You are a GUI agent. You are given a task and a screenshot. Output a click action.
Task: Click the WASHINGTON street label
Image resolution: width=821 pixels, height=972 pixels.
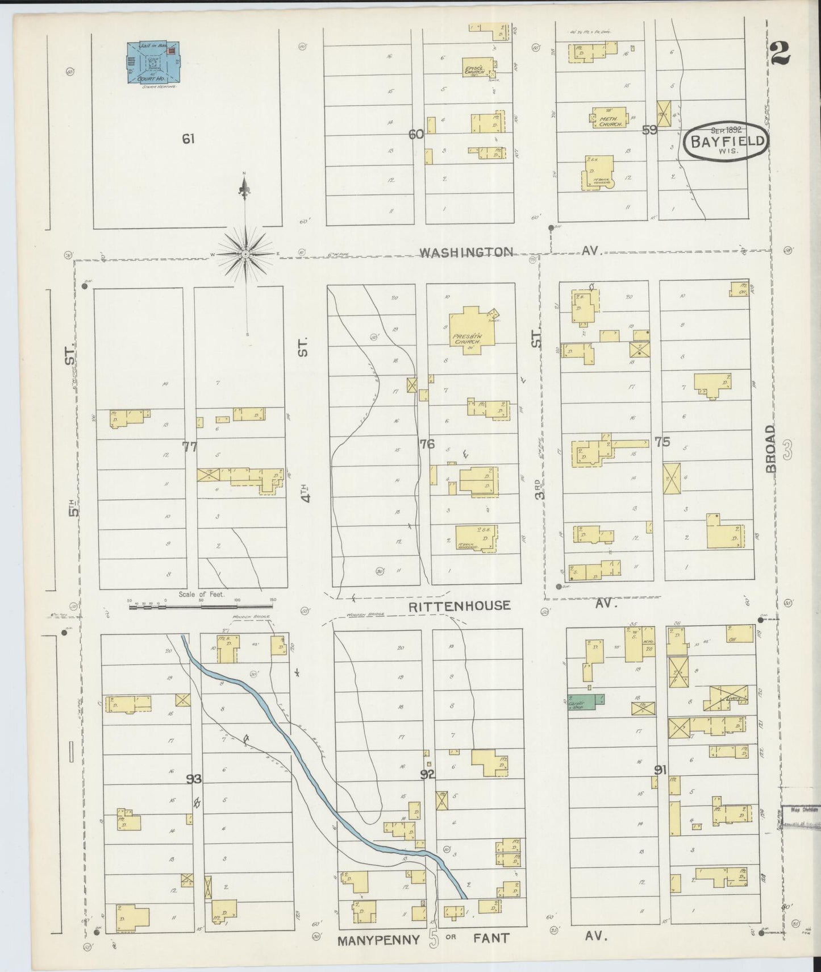[x=466, y=252]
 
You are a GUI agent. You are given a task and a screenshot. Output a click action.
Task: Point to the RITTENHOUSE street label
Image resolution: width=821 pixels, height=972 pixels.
[x=459, y=605]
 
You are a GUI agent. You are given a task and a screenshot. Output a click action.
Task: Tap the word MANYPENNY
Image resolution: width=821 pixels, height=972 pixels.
[x=378, y=940]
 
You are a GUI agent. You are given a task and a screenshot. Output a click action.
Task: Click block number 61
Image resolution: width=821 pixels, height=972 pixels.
[x=188, y=138]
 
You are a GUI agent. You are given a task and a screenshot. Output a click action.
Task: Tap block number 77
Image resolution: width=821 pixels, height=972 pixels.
[x=189, y=447]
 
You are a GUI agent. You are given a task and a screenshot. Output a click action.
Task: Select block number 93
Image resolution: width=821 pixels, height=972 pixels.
[x=194, y=779]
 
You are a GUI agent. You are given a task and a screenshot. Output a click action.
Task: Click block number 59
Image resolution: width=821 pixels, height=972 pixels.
[x=649, y=130]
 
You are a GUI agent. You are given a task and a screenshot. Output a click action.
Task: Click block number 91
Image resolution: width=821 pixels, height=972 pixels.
[x=660, y=771]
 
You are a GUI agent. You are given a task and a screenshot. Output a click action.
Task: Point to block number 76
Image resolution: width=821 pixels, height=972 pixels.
[x=427, y=444]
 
